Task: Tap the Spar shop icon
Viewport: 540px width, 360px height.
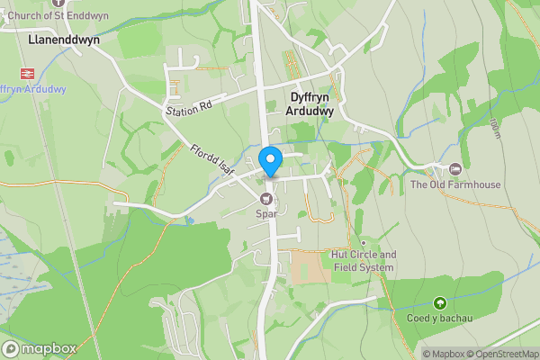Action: (266, 199)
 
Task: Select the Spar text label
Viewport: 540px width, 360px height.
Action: (266, 213)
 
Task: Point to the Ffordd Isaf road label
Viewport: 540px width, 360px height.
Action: (212, 160)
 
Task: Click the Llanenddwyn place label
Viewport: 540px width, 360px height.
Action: (63, 40)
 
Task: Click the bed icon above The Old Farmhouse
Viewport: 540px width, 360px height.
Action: (455, 169)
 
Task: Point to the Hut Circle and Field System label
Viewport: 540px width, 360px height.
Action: (364, 261)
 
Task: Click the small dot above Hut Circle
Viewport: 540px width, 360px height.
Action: (364, 243)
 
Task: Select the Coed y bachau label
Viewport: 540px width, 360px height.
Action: (439, 318)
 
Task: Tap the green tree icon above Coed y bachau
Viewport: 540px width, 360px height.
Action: (439, 303)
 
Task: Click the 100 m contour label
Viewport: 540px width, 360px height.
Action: (496, 130)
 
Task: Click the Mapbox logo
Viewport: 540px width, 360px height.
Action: (40, 348)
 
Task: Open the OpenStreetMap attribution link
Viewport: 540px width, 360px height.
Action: (506, 354)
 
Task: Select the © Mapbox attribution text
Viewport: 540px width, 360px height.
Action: (447, 354)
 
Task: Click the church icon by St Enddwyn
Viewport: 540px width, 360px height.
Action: (84, 3)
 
